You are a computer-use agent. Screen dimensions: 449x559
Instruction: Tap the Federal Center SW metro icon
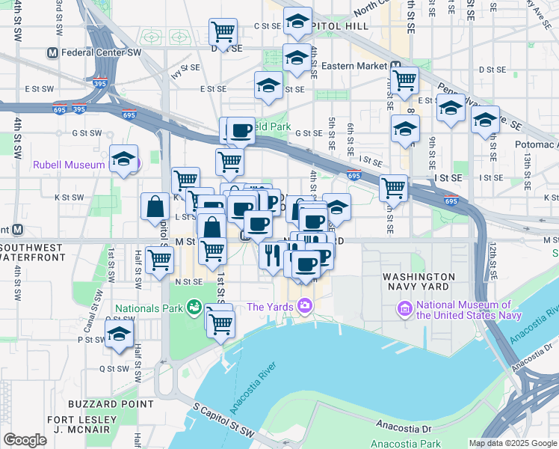(x=52, y=53)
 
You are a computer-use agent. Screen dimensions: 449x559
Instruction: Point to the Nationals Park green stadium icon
(x=194, y=307)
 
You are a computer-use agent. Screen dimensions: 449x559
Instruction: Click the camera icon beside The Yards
(x=303, y=306)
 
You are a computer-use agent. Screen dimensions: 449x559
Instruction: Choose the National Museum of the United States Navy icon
(x=404, y=308)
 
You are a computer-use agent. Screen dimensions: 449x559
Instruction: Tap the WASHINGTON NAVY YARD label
(x=416, y=281)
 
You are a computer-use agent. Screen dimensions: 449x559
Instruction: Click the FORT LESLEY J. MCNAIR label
(x=80, y=424)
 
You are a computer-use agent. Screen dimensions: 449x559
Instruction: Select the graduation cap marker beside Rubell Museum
(x=123, y=159)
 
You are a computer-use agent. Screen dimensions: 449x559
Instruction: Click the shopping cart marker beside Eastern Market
(x=404, y=79)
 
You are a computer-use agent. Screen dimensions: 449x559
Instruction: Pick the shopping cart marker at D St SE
(x=223, y=31)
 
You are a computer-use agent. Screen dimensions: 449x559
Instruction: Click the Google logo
(x=25, y=440)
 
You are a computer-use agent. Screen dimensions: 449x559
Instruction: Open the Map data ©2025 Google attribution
(x=513, y=443)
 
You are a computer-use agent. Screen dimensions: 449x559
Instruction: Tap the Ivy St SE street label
(x=185, y=70)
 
